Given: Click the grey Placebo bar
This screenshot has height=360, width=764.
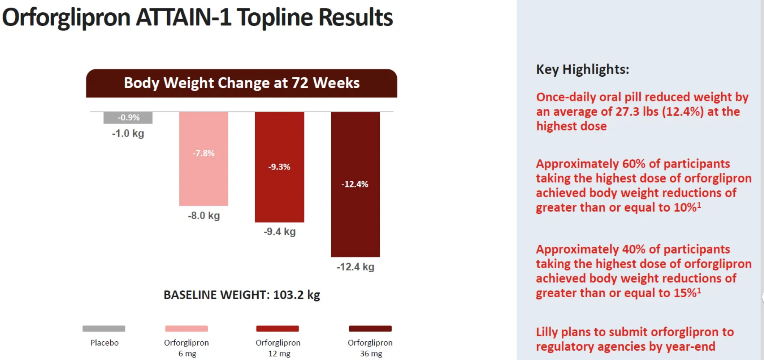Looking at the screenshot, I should point(128,118).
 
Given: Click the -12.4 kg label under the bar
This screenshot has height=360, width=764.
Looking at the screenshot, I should point(355,267).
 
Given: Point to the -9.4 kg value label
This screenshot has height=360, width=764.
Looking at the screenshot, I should point(279,232).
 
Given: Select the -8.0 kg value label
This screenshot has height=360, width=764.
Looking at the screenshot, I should point(204,216).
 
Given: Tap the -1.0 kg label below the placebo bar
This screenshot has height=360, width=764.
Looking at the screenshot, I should point(128,134).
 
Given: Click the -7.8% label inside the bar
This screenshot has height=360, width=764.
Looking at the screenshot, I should point(204,153).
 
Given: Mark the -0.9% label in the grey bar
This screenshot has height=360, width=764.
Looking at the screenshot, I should point(128,117).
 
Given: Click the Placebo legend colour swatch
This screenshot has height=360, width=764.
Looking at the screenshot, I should point(104,329).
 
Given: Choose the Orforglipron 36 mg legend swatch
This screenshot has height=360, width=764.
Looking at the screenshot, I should point(370,329).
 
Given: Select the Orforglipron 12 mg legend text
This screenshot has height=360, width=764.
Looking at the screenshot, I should point(278,348).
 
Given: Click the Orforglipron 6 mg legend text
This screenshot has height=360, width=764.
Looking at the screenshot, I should point(187,348).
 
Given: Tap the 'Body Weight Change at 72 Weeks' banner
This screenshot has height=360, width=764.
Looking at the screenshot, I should point(242,83).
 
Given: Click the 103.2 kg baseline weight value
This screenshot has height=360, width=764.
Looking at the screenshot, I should point(296,295).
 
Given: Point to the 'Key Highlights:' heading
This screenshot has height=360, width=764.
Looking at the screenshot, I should point(583,70).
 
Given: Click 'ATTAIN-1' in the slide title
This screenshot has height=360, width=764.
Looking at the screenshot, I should point(184,18).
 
